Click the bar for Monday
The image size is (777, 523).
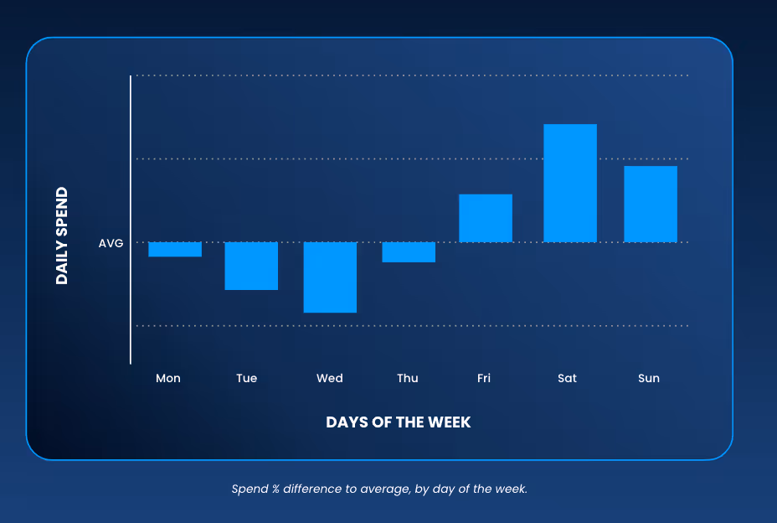[175, 250]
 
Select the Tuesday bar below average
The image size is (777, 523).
[251, 266]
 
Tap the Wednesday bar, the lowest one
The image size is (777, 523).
[330, 277]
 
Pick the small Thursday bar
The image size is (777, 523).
[409, 252]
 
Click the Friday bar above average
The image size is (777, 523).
[486, 218]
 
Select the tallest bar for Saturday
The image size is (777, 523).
[570, 183]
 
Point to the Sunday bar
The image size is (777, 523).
[651, 204]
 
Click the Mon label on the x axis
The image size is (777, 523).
[168, 378]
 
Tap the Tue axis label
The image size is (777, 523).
[246, 378]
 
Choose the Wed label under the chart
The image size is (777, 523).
[330, 378]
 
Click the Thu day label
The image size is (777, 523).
[408, 378]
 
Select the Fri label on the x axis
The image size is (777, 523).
[484, 378]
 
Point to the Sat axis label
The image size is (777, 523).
[567, 378]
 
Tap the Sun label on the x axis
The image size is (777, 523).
[649, 378]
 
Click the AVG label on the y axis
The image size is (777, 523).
[111, 243]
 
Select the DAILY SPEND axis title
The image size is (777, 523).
[62, 236]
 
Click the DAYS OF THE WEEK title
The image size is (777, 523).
[399, 422]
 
